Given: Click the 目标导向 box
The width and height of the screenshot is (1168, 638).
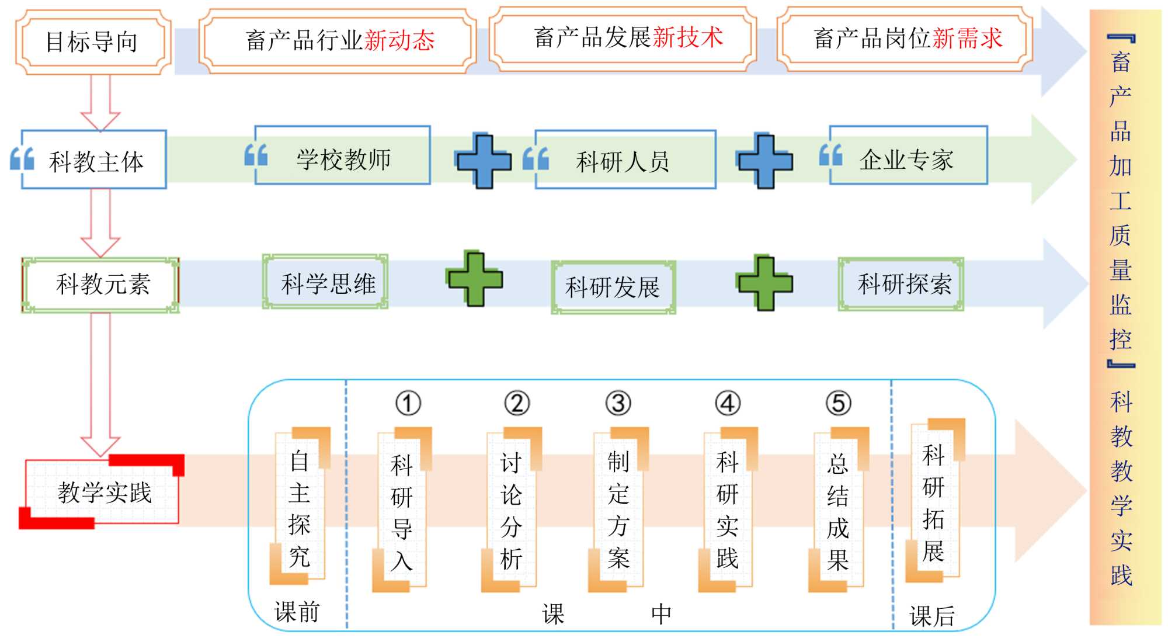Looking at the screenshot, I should pyautogui.click(x=93, y=42).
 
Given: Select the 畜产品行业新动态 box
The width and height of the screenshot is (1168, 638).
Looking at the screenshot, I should pyautogui.click(x=338, y=40).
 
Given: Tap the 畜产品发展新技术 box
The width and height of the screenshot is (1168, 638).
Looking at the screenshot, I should pyautogui.click(x=623, y=38).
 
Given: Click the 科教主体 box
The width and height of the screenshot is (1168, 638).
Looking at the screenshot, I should pyautogui.click(x=94, y=159).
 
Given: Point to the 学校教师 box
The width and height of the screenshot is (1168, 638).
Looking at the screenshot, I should pyautogui.click(x=343, y=156).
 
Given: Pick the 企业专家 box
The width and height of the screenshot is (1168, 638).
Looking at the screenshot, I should pyautogui.click(x=908, y=156).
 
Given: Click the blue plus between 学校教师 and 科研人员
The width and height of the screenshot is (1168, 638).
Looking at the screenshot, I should pyautogui.click(x=484, y=161).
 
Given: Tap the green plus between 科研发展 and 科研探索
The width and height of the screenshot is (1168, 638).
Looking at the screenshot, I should pyautogui.click(x=764, y=283).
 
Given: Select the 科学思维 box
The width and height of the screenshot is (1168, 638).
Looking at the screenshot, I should pyautogui.click(x=325, y=282).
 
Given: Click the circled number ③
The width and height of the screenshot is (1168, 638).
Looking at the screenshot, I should pyautogui.click(x=618, y=403).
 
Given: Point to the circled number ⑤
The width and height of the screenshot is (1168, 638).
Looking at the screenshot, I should pyautogui.click(x=838, y=403).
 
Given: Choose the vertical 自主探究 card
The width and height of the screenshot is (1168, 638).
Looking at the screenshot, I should pyautogui.click(x=300, y=507).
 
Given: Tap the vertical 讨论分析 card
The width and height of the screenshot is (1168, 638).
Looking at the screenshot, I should pyautogui.click(x=511, y=510).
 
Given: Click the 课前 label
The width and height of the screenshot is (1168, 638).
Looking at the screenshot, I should pyautogui.click(x=297, y=612).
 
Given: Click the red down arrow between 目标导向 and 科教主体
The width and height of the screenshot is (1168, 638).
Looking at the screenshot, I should pyautogui.click(x=100, y=102).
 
